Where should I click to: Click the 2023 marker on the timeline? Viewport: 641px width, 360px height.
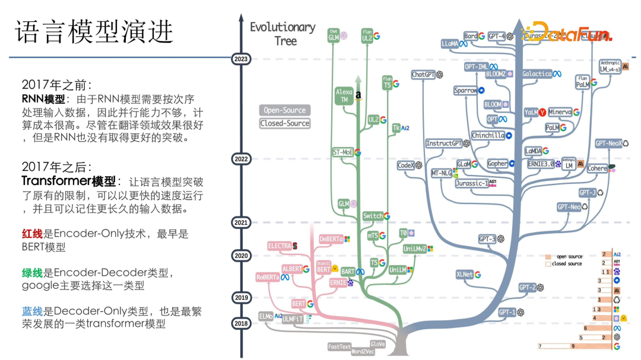click(x=242, y=59)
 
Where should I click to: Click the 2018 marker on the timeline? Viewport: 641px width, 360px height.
click(x=242, y=323)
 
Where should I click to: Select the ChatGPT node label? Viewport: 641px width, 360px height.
click(x=424, y=75)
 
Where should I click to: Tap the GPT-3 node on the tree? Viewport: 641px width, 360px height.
click(x=487, y=239)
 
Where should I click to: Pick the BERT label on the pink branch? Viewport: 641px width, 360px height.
click(x=298, y=304)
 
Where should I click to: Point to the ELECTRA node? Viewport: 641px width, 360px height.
click(x=279, y=245)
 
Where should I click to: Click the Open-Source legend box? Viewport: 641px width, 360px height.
click(x=285, y=110)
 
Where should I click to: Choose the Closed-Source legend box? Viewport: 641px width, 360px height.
click(x=285, y=123)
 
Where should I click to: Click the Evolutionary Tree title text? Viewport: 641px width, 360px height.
click(x=283, y=34)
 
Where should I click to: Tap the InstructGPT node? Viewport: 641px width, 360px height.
click(x=444, y=144)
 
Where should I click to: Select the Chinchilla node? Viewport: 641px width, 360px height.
click(x=488, y=135)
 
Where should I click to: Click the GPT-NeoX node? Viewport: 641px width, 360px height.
click(x=608, y=143)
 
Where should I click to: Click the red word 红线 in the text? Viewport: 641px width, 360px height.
click(x=31, y=234)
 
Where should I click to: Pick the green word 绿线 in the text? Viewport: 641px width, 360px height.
click(x=31, y=273)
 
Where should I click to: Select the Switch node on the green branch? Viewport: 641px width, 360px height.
click(x=373, y=216)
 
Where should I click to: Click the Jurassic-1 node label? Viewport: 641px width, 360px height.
click(x=472, y=183)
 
